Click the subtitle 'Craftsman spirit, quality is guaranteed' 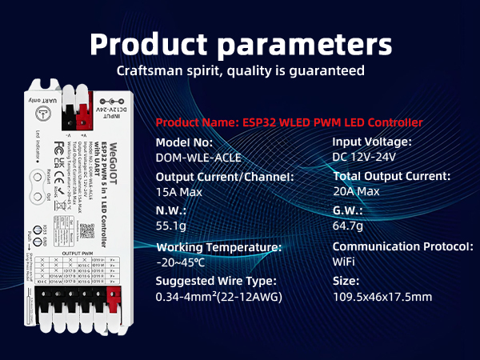pos(240,70)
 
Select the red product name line pos(289,122)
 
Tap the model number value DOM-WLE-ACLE pos(198,158)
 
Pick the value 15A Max pos(179,192)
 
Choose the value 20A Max pos(356,192)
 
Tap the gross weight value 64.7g pos(349,226)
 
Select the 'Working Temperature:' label pos(218,247)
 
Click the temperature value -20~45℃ pos(180,262)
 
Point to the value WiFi pos(344,262)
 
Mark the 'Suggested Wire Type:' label pos(216,282)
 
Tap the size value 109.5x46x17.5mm pos(382,297)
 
